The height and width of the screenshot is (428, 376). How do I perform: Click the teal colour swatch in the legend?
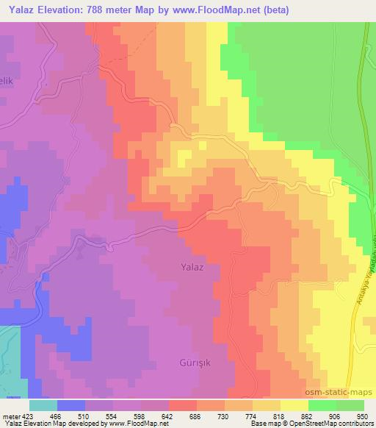click(x=43, y=405)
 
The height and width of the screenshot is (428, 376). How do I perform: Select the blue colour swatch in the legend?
click(x=71, y=405)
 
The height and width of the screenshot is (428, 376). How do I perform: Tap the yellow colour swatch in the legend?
click(x=294, y=405)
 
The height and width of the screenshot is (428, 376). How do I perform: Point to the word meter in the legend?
click(x=12, y=415)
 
